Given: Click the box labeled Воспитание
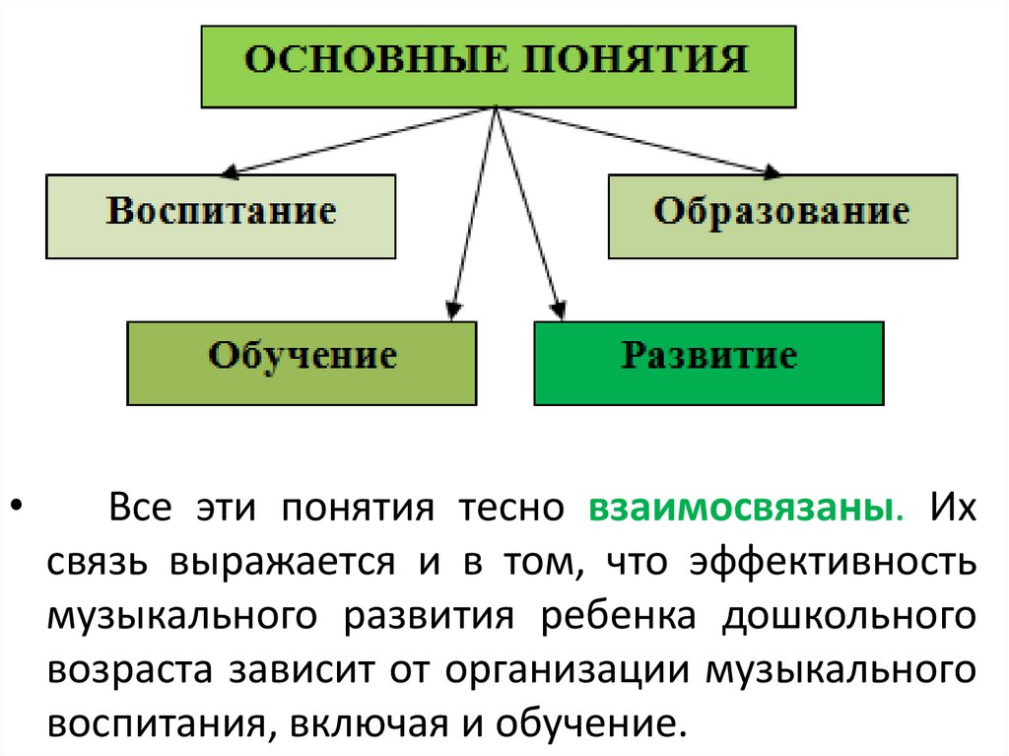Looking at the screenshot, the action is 221,216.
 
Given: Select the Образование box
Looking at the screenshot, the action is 782,216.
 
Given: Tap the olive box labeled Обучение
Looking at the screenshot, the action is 302,362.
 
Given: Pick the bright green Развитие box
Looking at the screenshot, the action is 708,362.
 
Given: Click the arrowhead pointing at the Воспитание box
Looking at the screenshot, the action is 230,172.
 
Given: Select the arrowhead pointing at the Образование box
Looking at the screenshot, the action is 773,173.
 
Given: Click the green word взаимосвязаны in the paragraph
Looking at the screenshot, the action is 744,510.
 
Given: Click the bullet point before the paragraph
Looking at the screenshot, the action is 17,510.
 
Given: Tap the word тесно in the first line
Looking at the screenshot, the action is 509,510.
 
